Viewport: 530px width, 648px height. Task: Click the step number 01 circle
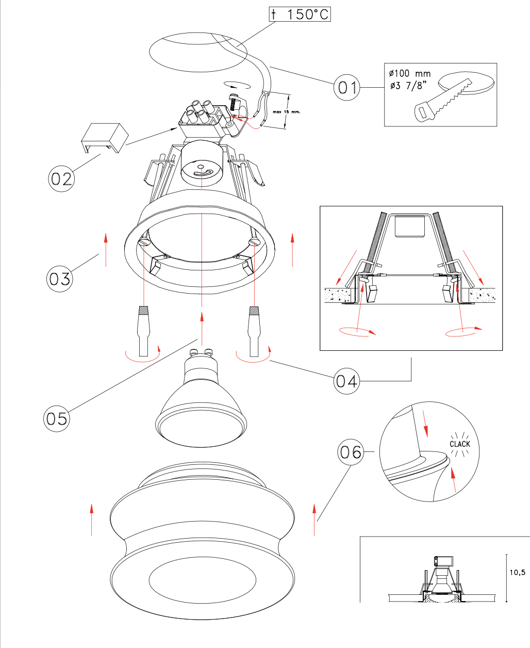(x=346, y=88)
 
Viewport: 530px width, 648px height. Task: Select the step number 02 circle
(x=61, y=179)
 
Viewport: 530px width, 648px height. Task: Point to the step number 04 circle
(x=346, y=381)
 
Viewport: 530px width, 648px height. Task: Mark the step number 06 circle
(x=351, y=452)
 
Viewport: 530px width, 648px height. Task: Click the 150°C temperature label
(x=300, y=14)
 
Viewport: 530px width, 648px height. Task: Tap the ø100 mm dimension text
(x=410, y=74)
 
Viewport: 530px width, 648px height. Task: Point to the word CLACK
(x=459, y=444)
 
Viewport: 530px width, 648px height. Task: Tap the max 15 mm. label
(x=286, y=111)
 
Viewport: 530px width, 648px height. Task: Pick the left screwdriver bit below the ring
(x=144, y=330)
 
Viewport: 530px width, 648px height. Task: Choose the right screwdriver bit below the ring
(x=254, y=330)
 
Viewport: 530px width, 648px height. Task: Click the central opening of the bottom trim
(x=202, y=580)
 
